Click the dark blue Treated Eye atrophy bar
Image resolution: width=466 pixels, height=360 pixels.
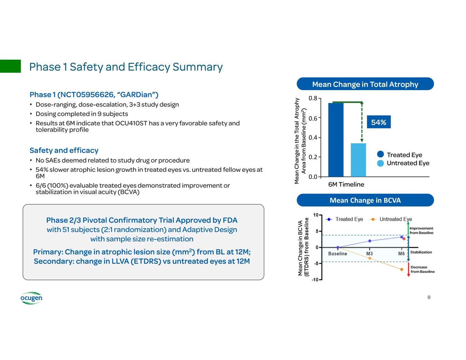(336, 140)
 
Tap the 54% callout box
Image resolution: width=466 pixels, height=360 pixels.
(379, 122)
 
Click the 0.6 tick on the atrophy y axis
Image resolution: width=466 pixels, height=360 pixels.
(313, 118)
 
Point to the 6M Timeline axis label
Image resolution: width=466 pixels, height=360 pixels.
(346, 185)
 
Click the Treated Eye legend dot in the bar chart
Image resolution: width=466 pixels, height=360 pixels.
(381, 155)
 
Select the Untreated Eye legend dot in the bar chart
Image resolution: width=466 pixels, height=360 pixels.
(381, 163)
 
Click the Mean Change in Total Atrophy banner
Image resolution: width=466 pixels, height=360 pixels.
(365, 84)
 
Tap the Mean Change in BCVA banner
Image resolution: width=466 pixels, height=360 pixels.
(365, 200)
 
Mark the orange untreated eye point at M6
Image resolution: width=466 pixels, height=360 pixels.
(401, 270)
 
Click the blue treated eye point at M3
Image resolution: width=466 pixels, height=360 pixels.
(370, 241)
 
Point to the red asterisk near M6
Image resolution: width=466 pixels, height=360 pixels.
(404, 240)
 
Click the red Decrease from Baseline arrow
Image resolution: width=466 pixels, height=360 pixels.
(408, 270)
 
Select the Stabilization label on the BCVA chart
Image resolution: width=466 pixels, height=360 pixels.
(421, 252)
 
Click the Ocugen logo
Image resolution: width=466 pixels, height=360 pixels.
(31, 298)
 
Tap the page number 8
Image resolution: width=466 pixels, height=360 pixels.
(429, 297)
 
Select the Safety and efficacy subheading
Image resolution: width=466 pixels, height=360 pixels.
(64, 150)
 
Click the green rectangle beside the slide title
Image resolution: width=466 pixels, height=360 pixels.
(10, 66)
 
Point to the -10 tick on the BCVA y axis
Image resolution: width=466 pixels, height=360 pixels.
(316, 279)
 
